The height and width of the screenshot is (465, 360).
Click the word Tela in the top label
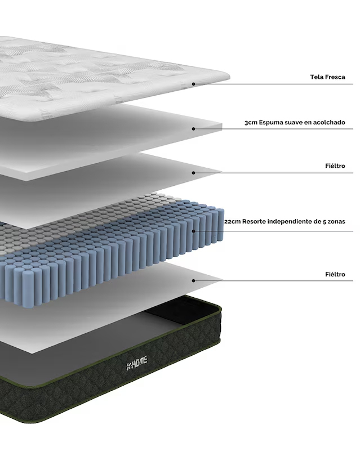(317, 77)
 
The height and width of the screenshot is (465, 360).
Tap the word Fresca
(335, 77)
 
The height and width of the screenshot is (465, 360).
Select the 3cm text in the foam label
(251, 123)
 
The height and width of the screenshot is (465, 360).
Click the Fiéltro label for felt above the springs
(335, 166)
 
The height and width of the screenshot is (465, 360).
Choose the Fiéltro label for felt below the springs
(335, 274)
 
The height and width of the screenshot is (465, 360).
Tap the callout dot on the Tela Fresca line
(193, 84)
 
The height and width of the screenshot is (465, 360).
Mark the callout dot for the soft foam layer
(193, 129)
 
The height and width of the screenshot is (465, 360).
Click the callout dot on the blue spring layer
(193, 231)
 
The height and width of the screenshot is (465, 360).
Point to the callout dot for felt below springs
(193, 280)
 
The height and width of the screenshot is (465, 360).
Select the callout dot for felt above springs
(193, 173)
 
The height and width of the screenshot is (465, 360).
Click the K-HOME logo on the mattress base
(137, 364)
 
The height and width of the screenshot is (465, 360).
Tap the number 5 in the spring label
(324, 222)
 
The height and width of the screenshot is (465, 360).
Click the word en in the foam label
(308, 123)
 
